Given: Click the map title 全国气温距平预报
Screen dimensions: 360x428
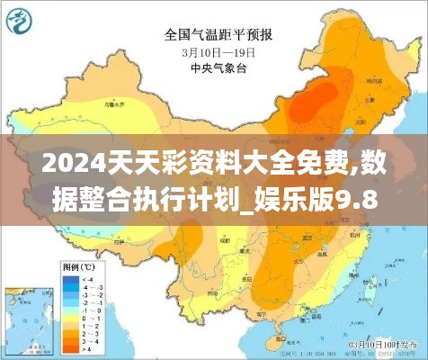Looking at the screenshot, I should coord(220,36).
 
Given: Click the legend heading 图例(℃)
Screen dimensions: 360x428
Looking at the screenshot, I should coord(78,268).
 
